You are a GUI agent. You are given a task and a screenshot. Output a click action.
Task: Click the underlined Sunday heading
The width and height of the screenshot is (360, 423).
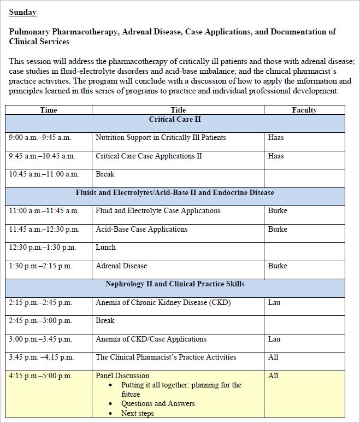click(x=22, y=12)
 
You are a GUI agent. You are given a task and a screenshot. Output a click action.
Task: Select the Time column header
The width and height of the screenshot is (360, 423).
click(x=49, y=110)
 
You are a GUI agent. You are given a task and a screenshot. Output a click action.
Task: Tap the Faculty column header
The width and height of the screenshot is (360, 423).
click(x=304, y=110)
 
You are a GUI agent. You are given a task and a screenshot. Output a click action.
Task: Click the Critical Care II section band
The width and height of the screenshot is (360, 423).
click(x=175, y=119)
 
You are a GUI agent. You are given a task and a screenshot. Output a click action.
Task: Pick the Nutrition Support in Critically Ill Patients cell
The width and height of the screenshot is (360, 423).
click(x=161, y=138)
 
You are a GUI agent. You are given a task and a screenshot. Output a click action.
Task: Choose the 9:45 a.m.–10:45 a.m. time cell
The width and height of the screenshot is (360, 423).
click(x=42, y=156)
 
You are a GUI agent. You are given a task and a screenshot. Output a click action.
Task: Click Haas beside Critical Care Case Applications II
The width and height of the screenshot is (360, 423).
click(x=276, y=156)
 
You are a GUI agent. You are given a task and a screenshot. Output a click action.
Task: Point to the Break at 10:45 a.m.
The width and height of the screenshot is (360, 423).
click(x=105, y=174)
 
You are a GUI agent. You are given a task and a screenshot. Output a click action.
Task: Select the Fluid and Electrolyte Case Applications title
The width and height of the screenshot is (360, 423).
click(x=158, y=211)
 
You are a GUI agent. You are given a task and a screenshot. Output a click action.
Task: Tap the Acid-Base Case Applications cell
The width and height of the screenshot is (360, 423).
click(x=141, y=230)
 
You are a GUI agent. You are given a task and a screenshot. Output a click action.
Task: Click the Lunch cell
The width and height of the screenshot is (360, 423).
click(x=105, y=248)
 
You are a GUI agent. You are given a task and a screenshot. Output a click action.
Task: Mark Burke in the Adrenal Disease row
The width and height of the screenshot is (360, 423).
click(x=278, y=266)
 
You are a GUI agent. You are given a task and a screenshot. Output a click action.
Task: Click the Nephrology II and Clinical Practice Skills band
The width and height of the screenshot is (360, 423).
click(x=175, y=284)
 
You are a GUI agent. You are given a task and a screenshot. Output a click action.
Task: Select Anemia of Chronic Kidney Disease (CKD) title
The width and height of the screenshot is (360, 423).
click(x=163, y=303)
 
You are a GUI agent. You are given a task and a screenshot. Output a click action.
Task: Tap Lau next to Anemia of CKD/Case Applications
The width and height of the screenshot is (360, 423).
click(x=274, y=339)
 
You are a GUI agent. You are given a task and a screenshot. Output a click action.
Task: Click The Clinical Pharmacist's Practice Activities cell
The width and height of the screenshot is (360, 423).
click(x=166, y=357)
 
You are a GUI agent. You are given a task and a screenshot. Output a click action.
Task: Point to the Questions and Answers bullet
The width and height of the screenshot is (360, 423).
click(x=158, y=404)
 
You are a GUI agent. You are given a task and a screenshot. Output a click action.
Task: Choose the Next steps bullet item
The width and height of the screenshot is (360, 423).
click(x=138, y=414)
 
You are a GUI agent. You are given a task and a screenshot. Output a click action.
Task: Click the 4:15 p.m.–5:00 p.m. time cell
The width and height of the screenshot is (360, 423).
click(x=40, y=376)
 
